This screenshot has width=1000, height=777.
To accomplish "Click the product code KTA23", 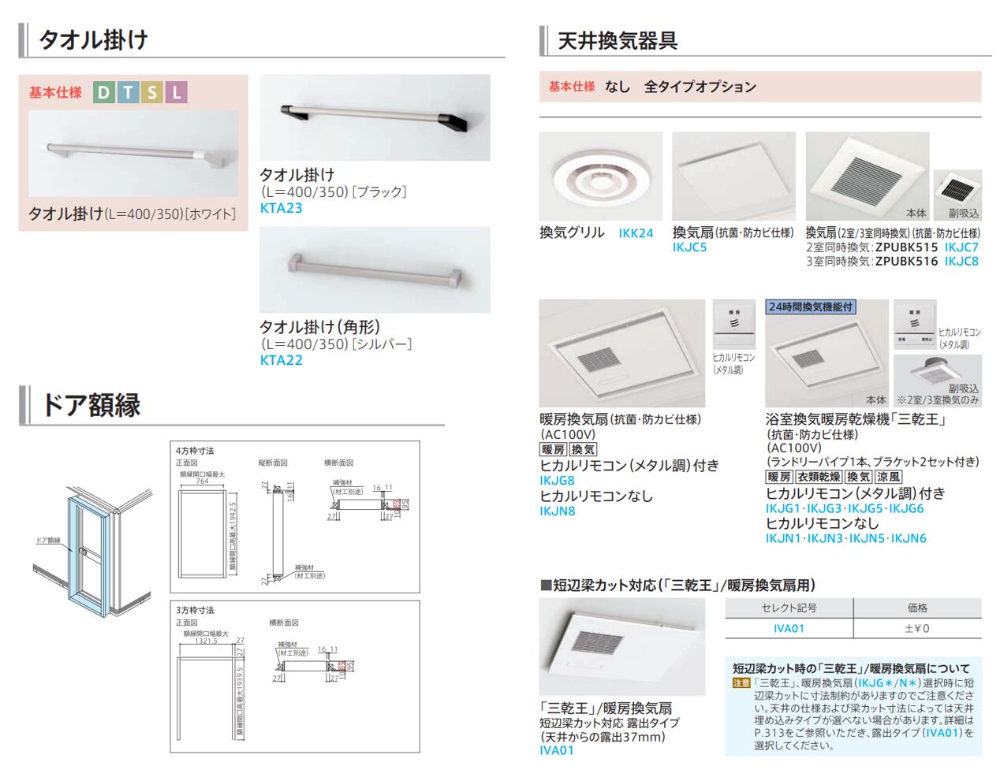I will (281, 208).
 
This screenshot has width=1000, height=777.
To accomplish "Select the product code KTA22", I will (281, 360).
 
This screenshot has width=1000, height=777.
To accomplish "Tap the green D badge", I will (103, 93).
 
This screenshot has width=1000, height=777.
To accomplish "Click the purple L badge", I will (177, 93).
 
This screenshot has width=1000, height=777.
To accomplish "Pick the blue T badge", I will (128, 93).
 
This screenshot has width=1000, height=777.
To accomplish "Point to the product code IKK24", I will (636, 233).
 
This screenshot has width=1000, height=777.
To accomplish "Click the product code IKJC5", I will (689, 247).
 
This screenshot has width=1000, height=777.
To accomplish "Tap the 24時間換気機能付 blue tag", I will (810, 307).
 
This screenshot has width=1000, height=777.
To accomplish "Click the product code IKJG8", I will (557, 480).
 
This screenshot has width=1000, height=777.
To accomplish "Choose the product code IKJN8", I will (557, 511).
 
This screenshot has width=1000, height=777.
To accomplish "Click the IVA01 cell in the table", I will (789, 628).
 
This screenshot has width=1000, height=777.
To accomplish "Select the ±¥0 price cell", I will (917, 628).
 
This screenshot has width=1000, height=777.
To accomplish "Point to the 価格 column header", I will (917, 608).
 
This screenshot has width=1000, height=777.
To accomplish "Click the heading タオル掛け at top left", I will (93, 39).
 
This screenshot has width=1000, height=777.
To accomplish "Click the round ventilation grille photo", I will (600, 177).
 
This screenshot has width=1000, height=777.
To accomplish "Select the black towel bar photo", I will (375, 117).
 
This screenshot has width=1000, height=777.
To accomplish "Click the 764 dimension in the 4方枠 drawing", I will (203, 481).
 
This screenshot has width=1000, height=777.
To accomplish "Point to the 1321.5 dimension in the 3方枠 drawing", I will (206, 641).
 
